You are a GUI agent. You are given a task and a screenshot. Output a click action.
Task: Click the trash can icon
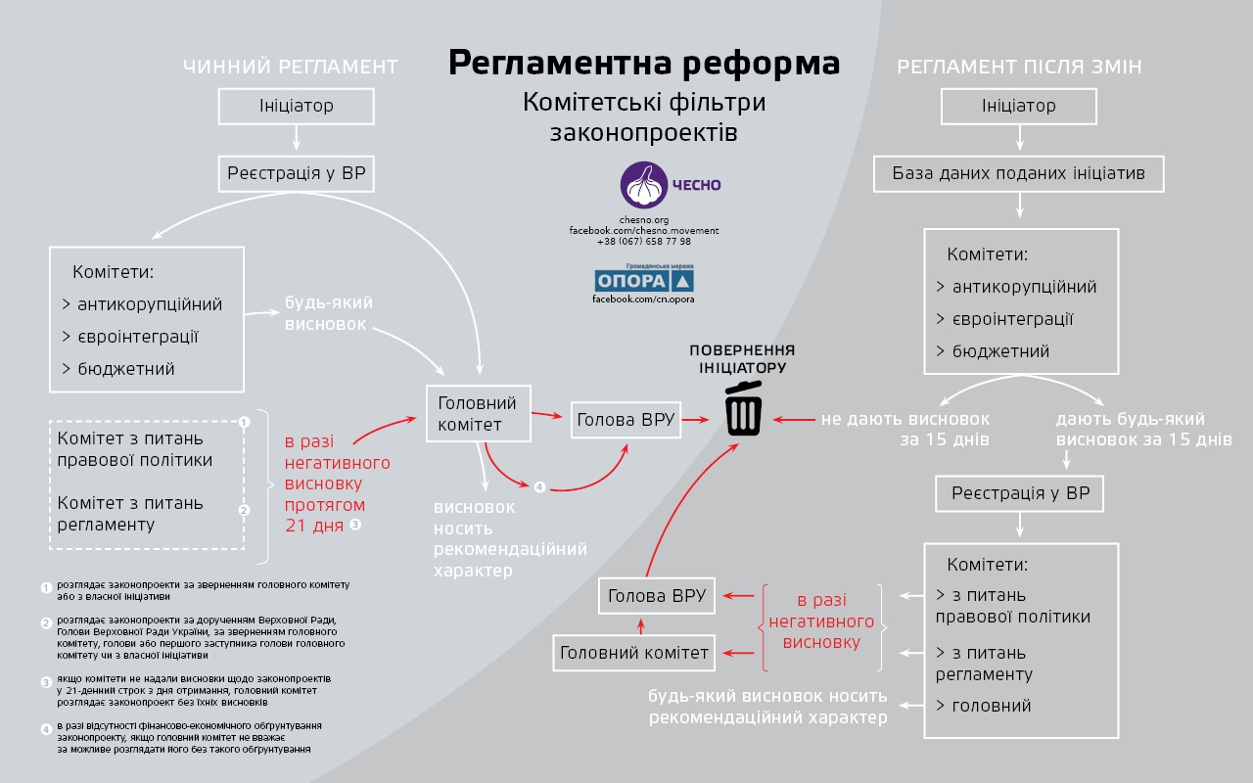click(743, 408)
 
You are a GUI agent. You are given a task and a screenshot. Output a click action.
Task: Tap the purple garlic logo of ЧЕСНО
click(644, 185)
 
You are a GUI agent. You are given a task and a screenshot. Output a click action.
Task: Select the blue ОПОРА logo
click(644, 280)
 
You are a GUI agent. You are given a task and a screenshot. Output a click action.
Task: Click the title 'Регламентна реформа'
click(644, 63)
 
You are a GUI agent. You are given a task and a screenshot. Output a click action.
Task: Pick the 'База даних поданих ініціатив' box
click(1019, 174)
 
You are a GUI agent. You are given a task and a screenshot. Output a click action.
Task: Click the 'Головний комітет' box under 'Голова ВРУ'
click(633, 653)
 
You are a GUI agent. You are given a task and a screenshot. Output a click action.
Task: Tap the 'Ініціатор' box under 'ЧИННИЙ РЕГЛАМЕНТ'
click(296, 107)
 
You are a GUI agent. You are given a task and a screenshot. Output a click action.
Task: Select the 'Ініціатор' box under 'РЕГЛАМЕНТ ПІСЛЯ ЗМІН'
click(1019, 107)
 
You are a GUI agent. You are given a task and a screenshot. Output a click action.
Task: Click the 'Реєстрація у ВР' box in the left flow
click(296, 174)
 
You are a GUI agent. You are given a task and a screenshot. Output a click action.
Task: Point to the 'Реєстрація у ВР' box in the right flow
click(1019, 494)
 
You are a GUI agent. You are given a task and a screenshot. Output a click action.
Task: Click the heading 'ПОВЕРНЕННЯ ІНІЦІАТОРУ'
click(742, 359)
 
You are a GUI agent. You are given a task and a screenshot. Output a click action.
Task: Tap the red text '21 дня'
click(314, 526)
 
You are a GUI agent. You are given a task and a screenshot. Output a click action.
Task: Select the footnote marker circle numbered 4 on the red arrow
click(539, 487)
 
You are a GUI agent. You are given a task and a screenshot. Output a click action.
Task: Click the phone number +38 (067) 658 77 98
click(644, 242)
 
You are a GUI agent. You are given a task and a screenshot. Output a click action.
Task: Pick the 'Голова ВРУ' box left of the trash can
click(626, 420)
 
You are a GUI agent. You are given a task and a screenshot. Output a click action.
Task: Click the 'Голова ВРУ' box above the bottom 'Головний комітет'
click(657, 596)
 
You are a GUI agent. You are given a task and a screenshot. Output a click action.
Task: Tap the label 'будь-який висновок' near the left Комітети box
click(328, 313)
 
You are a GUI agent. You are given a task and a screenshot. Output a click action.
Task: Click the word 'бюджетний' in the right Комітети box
click(1000, 351)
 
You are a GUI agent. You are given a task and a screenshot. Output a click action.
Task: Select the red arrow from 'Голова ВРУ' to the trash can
click(695, 420)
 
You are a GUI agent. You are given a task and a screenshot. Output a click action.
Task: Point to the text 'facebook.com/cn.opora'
click(643, 299)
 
